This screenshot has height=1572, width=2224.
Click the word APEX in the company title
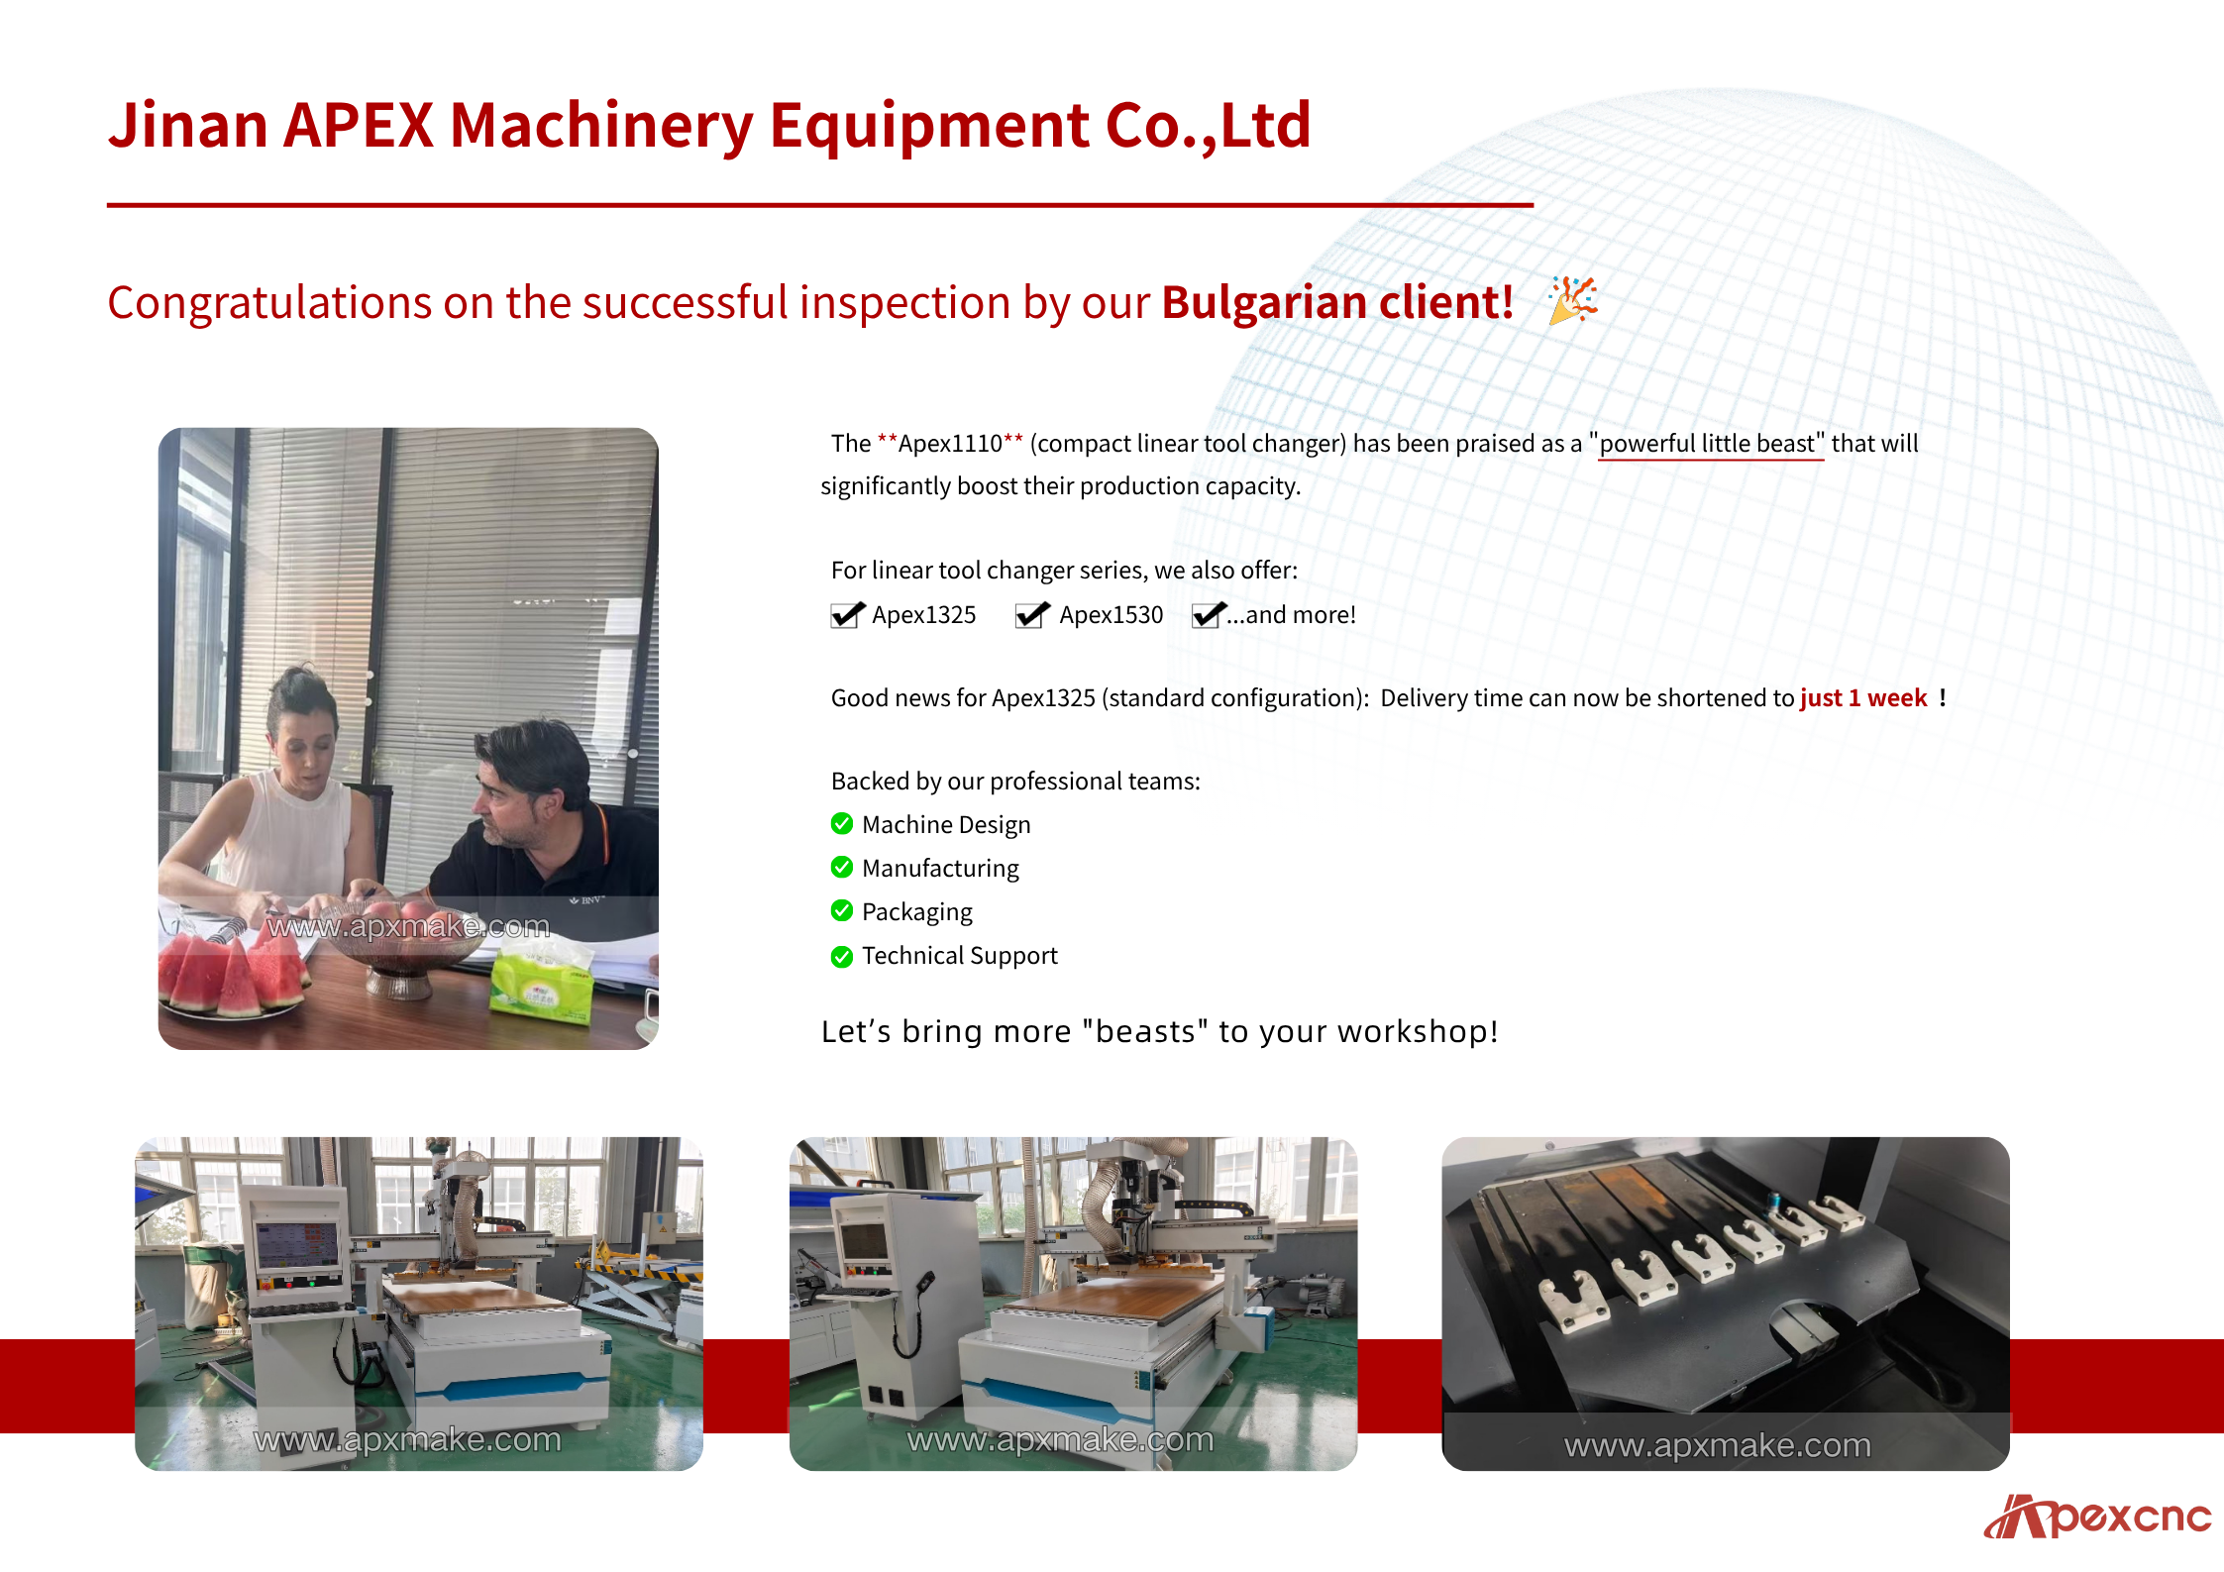point(359,125)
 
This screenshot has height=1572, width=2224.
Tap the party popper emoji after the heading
point(1573,300)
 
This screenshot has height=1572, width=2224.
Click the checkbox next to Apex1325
point(847,615)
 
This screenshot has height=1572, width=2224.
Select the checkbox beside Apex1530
point(1032,615)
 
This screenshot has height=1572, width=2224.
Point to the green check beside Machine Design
point(842,823)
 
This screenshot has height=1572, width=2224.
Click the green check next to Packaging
point(842,910)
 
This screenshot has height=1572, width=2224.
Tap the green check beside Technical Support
point(842,956)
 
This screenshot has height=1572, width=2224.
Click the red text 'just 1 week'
point(1863,698)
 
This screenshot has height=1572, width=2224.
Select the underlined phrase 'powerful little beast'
point(1710,444)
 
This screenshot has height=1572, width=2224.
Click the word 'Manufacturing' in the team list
point(940,869)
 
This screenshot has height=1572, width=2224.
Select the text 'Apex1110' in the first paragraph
point(950,444)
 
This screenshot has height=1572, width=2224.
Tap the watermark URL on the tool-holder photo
point(1718,1445)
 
